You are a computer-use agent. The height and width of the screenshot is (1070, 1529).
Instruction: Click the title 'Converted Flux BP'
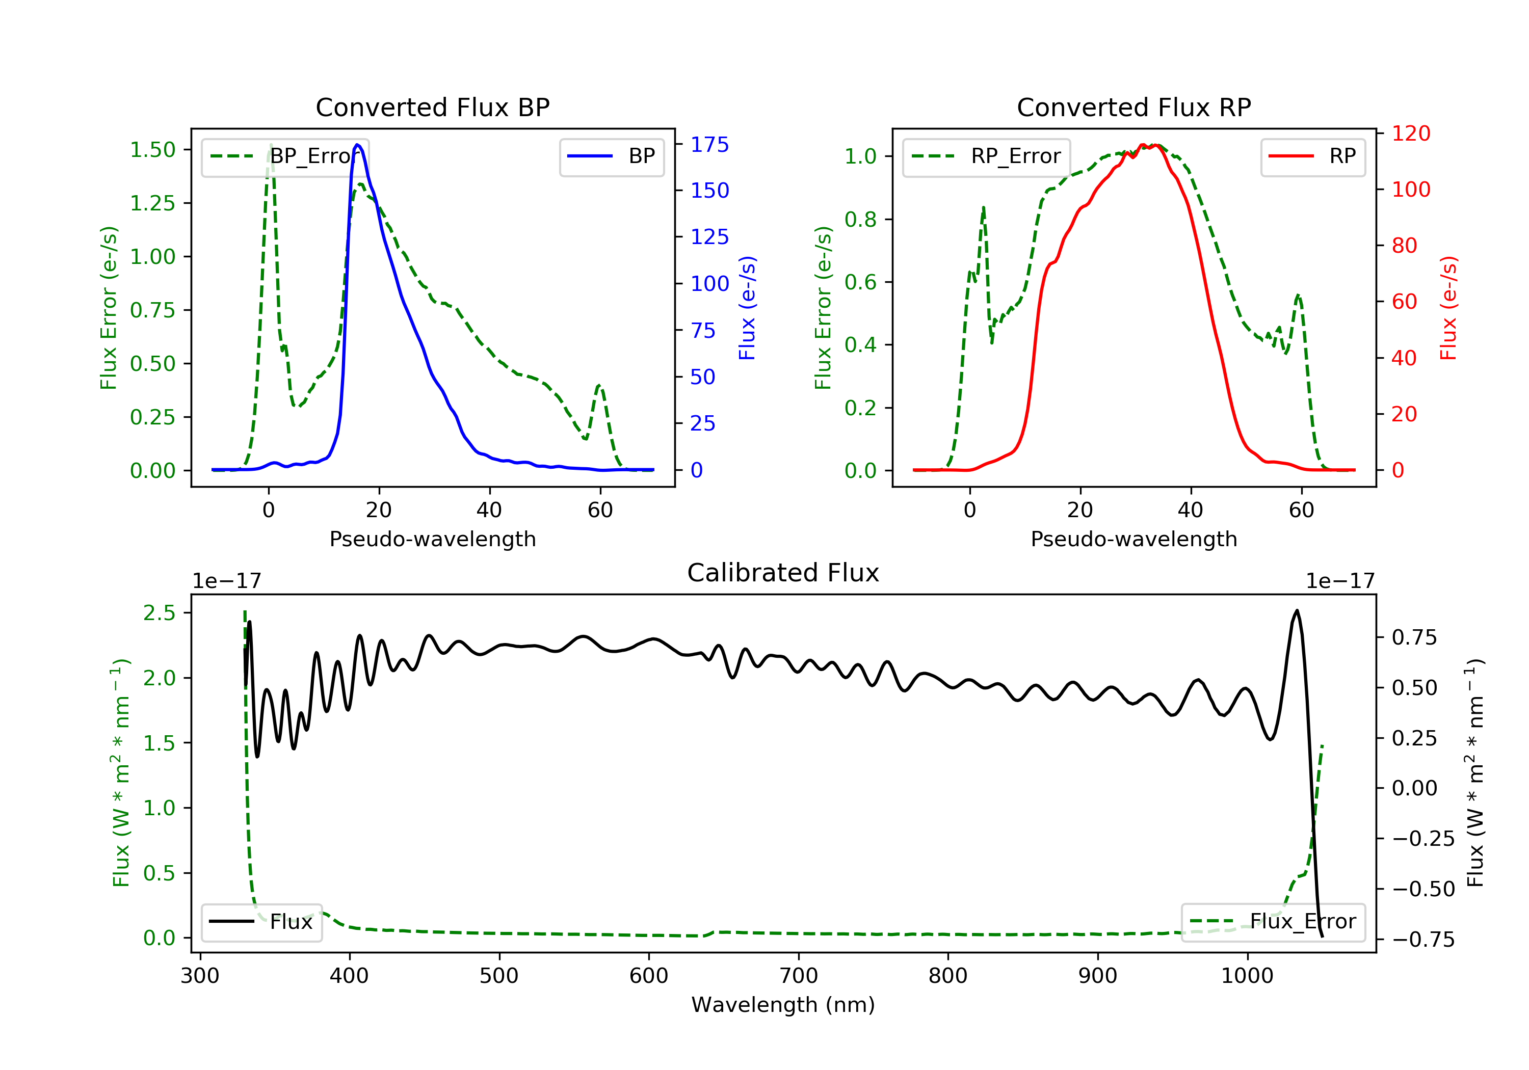click(x=432, y=107)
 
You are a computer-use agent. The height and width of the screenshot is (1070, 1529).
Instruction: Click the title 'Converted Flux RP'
click(x=1133, y=107)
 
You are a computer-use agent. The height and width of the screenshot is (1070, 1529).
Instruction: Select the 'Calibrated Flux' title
click(x=783, y=573)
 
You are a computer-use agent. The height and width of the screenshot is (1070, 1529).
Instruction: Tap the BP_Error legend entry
click(x=285, y=156)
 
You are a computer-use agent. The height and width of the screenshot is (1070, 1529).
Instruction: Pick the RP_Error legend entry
click(x=986, y=156)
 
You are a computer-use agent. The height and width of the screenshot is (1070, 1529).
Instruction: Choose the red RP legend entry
click(x=1312, y=156)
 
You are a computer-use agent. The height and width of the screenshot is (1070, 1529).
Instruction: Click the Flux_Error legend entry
click(x=1273, y=922)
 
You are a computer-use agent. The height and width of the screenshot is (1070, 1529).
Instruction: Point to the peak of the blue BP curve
click(x=358, y=145)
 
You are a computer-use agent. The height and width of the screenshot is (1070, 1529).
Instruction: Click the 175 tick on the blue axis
click(x=709, y=145)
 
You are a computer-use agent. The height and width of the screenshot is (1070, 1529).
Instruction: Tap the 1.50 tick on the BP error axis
click(x=152, y=150)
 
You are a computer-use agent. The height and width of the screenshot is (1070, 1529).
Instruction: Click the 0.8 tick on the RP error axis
click(x=860, y=219)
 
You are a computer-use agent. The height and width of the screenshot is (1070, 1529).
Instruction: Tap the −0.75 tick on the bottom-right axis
click(x=1423, y=940)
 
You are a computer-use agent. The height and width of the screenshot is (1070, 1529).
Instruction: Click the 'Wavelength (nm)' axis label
click(x=783, y=1005)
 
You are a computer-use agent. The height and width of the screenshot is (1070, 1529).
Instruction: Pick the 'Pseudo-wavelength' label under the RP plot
click(x=1133, y=539)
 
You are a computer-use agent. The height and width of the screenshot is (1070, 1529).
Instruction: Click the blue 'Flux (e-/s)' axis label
click(x=747, y=308)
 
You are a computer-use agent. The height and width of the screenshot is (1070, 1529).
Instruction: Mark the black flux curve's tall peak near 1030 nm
click(x=1296, y=610)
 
